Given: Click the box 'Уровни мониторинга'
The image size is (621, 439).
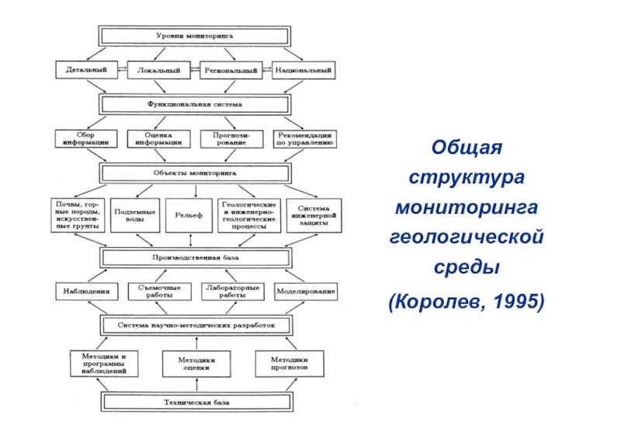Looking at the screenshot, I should coord(195,36).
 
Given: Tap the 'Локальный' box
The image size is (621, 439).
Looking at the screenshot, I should coord(158,71).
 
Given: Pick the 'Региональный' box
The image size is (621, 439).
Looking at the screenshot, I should coord(231,71).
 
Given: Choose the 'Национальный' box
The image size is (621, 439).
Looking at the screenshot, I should coord(304,71).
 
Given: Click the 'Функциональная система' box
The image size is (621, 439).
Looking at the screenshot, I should coord(195,104).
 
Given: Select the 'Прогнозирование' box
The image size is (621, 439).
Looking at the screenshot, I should coord(231,138).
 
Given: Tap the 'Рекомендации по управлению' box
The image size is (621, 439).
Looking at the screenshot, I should coord(305,138).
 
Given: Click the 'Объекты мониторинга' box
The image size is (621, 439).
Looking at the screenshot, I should coord(195,172).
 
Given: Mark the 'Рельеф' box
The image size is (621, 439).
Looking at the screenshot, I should coord(189,214).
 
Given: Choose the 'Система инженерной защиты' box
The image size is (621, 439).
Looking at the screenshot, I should coord(313,214).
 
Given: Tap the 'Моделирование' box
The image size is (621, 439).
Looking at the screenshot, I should coord(305,291).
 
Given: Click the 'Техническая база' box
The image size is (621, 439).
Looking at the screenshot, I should coord(195,402).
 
